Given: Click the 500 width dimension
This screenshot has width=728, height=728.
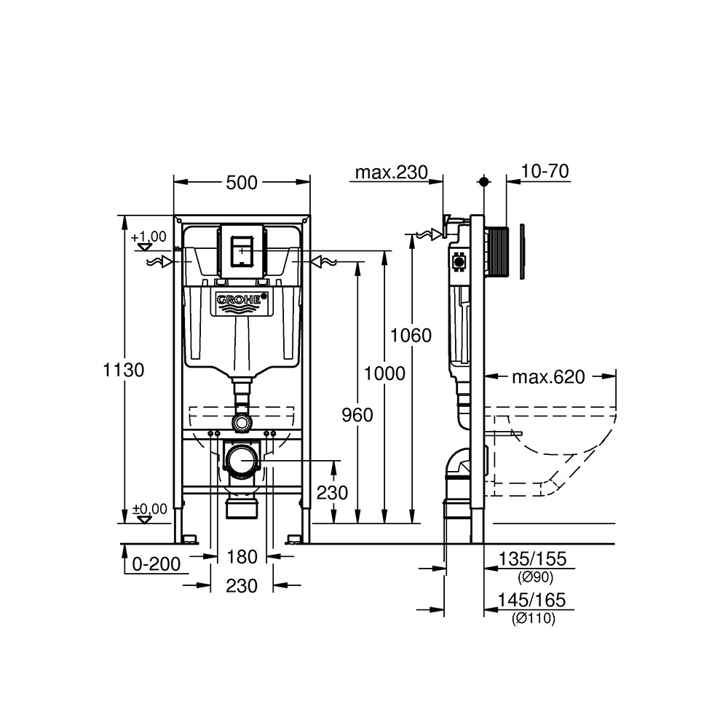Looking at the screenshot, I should [x=242, y=183].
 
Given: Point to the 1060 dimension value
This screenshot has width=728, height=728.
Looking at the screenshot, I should [x=411, y=336].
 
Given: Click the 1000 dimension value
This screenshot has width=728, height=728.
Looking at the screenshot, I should [x=384, y=373].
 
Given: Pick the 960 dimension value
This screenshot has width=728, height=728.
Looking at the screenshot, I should [x=357, y=415].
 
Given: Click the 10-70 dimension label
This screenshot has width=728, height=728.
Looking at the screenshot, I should [x=545, y=171].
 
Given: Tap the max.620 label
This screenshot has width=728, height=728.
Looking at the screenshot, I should [x=548, y=376].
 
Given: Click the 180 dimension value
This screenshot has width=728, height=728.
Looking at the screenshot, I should [x=242, y=557].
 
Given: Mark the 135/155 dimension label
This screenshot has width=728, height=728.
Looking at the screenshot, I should [x=532, y=559].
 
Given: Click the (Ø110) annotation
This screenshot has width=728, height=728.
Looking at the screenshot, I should [x=533, y=619].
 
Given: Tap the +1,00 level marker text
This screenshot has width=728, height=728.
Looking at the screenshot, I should [x=149, y=237].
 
